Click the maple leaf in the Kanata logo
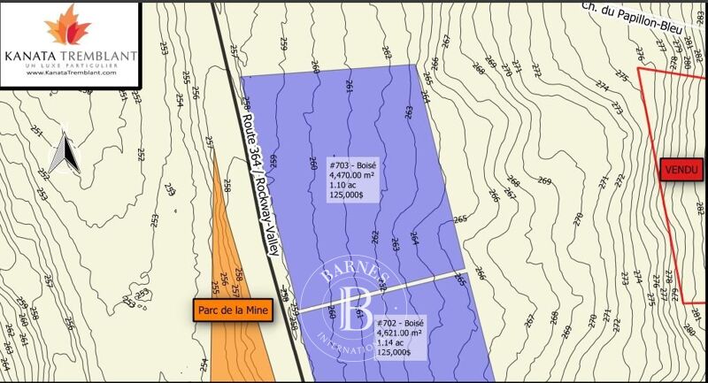coord(68,26)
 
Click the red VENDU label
coord(680,169)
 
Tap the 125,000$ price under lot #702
coord(394,352)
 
